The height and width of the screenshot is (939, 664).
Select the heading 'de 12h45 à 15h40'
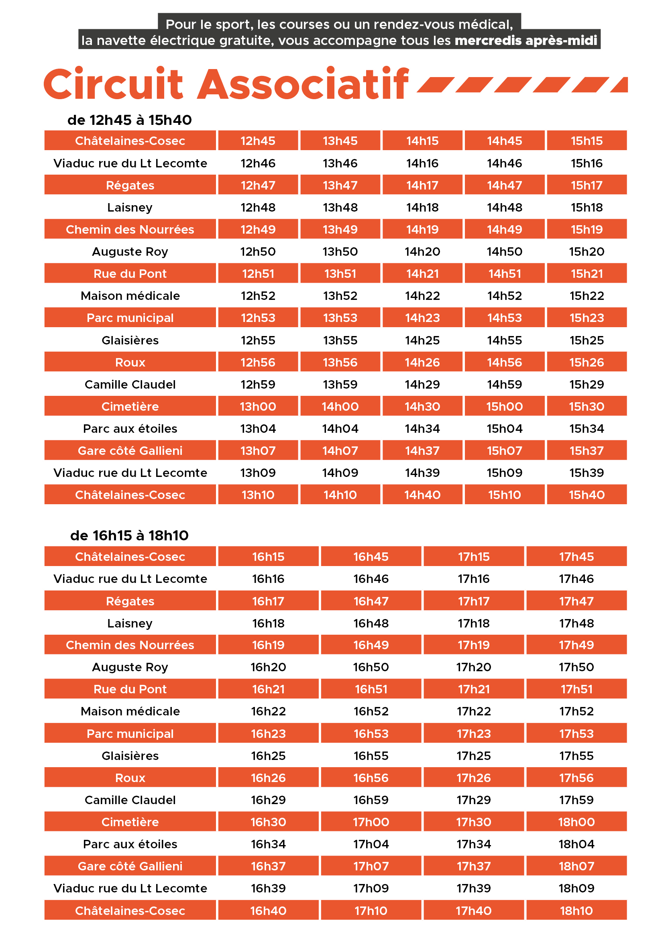pos(129,120)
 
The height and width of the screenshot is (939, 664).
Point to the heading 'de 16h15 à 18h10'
pos(129,536)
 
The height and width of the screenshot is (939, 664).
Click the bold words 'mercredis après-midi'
pos(526,41)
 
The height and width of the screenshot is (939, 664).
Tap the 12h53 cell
pos(258,318)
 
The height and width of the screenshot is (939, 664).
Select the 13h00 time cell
pos(258,407)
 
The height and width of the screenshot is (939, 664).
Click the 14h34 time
pos(422,429)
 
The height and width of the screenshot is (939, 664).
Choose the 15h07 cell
pos(505,451)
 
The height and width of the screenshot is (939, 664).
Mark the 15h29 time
pos(587,385)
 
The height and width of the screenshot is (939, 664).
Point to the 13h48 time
pos(340,207)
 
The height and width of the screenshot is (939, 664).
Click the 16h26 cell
pos(268,778)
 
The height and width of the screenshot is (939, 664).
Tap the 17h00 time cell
pos(371,822)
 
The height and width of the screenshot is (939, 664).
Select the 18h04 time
pos(576,844)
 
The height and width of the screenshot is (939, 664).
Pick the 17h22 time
pos(473,711)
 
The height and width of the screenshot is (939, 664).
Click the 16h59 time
pos(371,800)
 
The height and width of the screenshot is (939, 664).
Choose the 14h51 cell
pos(505,274)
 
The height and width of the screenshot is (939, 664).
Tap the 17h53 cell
pos(576,734)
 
